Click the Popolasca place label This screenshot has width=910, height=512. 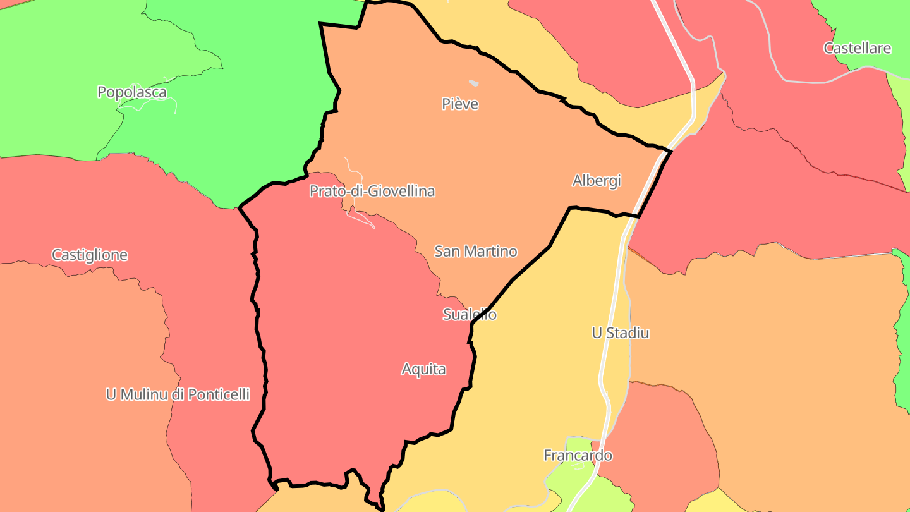tap(132, 92)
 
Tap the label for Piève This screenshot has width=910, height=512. tap(460, 104)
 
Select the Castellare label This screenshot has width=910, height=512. tap(857, 48)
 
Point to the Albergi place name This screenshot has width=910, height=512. tap(597, 181)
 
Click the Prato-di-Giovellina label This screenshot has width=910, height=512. tap(372, 191)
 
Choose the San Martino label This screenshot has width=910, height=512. tap(476, 252)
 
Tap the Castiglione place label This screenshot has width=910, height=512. tap(90, 255)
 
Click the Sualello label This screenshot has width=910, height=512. tap(470, 314)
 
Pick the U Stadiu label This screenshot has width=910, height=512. tap(620, 333)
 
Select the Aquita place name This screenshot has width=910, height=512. tap(424, 369)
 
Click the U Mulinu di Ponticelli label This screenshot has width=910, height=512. tap(178, 394)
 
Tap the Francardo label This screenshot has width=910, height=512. tap(578, 455)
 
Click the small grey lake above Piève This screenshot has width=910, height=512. tap(473, 83)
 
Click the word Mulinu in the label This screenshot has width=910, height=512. tap(146, 394)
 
